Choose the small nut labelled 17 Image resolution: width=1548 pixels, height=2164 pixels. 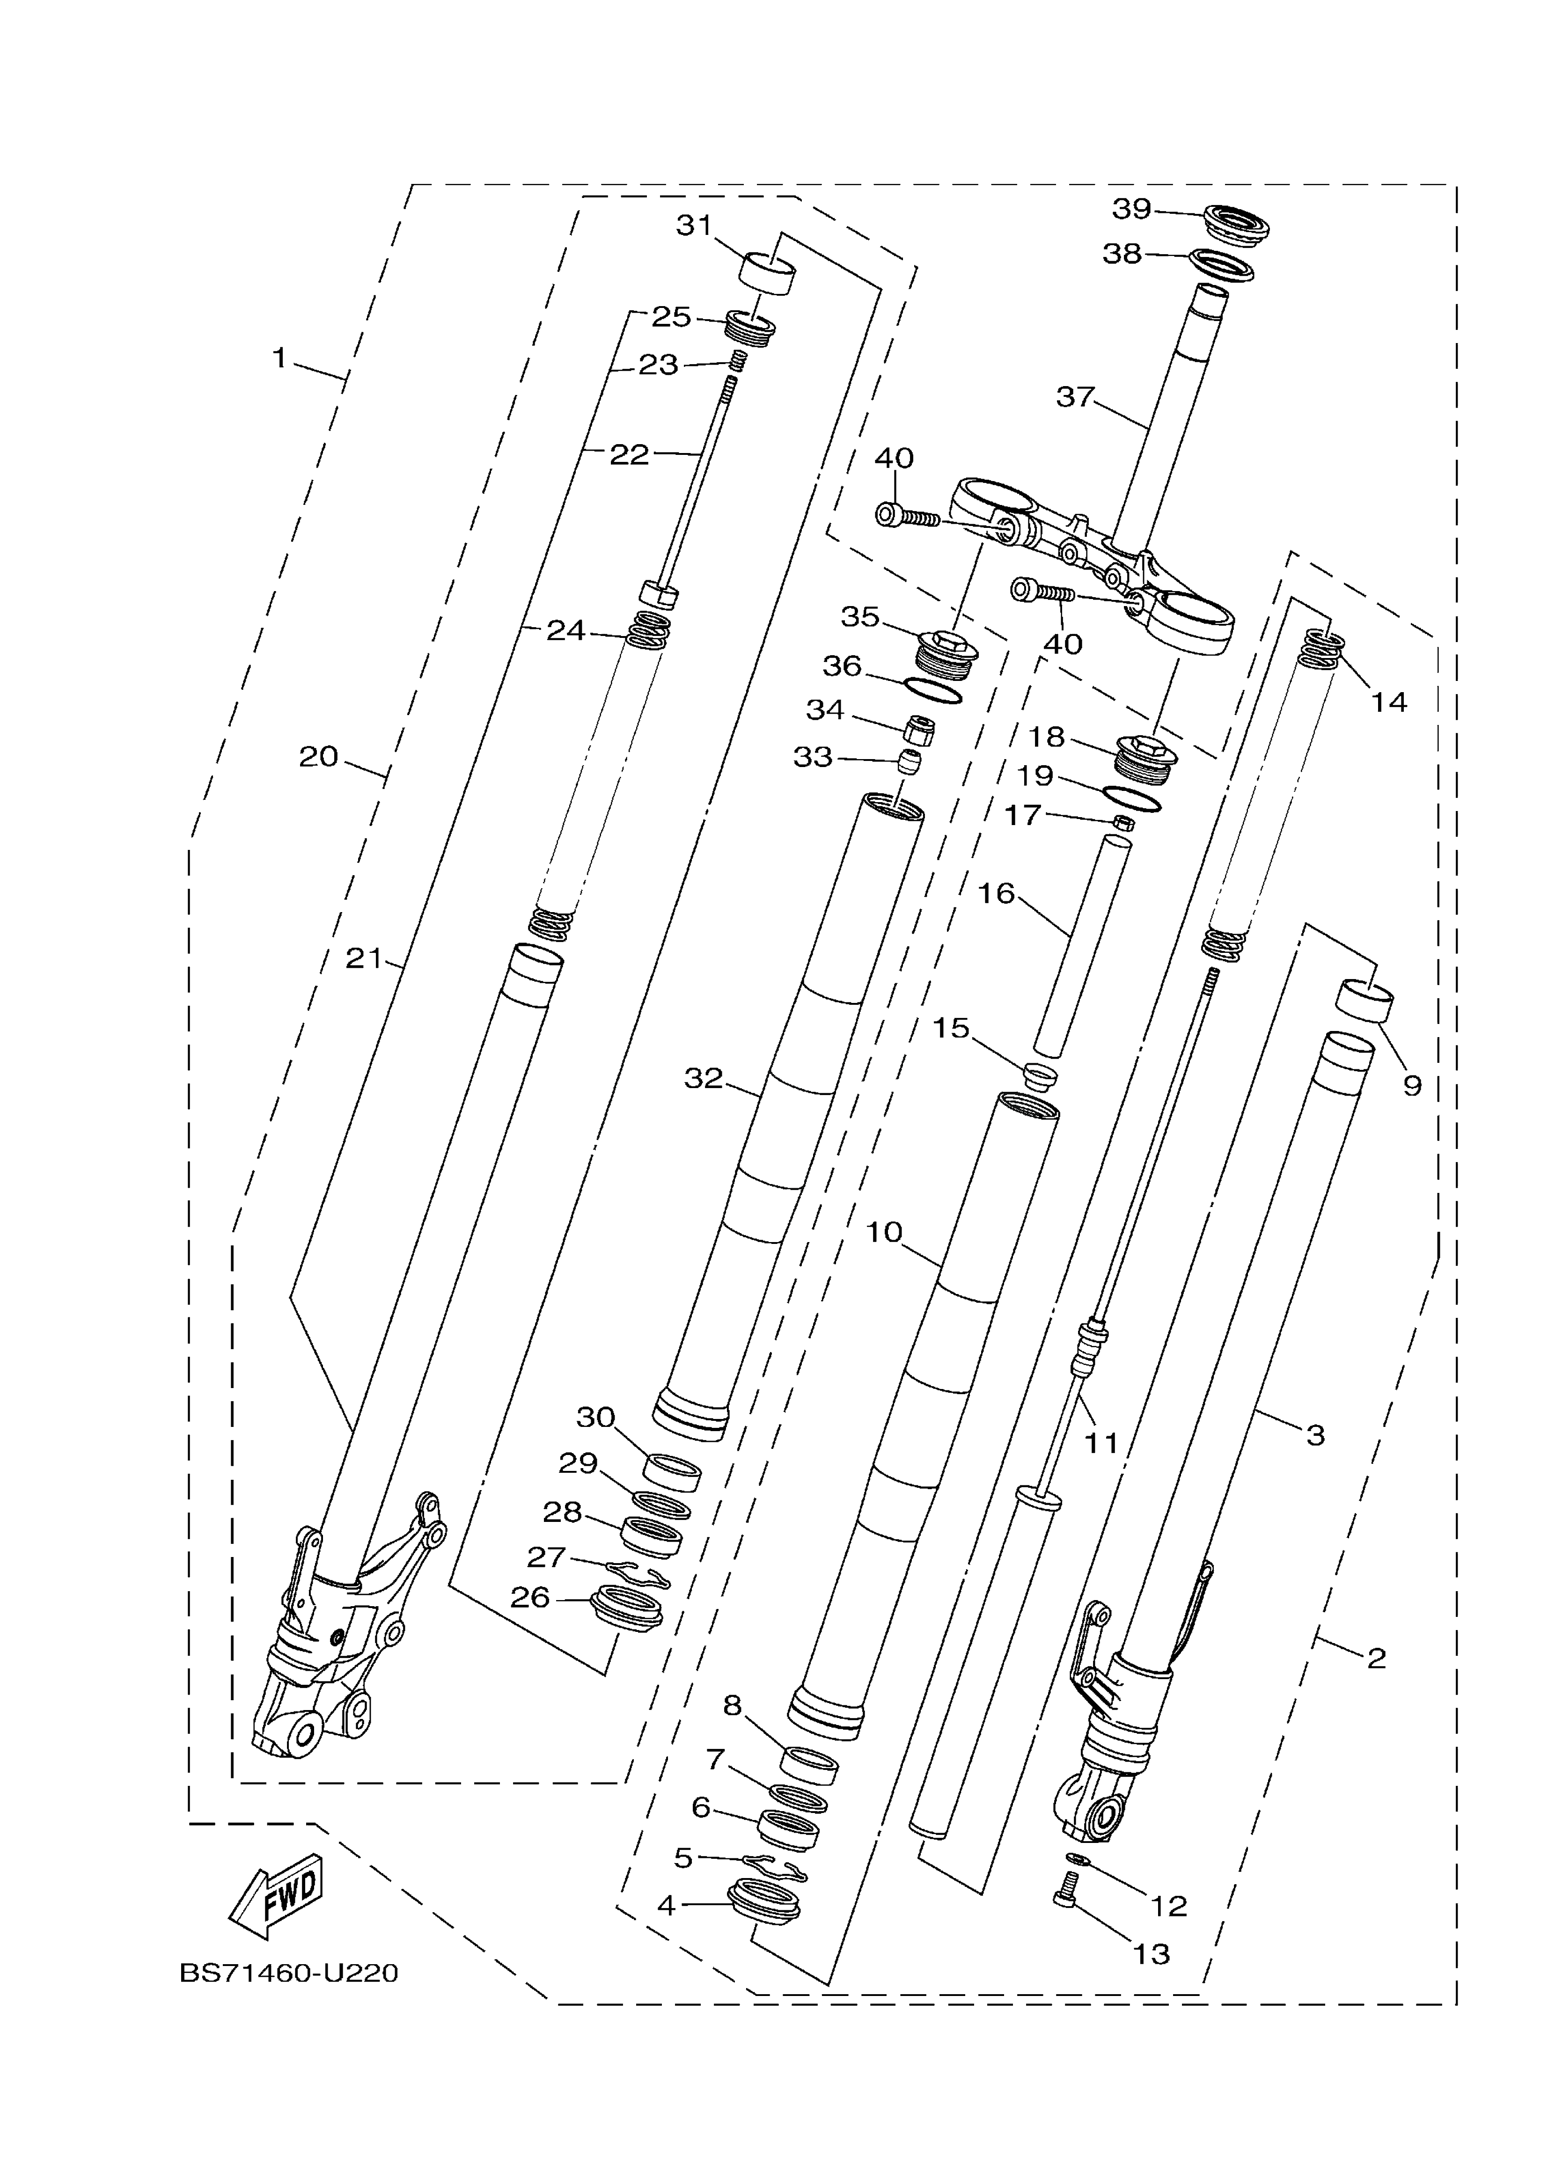point(1124,821)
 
